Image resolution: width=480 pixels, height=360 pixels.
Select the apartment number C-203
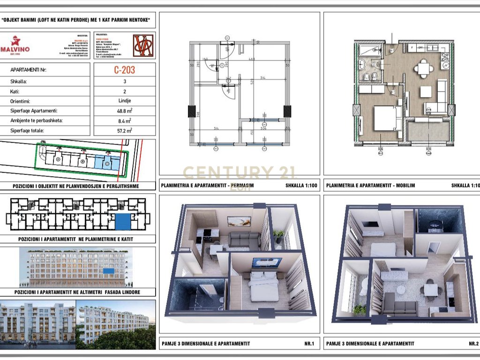[125, 70]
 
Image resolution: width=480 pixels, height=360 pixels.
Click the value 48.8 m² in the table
[125, 111]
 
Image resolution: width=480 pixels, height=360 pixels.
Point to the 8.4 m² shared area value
[125, 120]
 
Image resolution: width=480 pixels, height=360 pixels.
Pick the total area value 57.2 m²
[125, 131]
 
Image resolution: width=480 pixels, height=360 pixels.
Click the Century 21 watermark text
[239, 173]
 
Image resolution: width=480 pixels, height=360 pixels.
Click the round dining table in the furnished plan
[424, 68]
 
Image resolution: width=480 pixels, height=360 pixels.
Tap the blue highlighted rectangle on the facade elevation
[108, 271]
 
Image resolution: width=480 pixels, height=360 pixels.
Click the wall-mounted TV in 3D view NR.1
[266, 262]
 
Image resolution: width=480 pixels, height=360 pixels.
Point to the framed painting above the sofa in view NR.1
[239, 221]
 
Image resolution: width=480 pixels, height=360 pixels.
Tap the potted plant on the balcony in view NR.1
[279, 234]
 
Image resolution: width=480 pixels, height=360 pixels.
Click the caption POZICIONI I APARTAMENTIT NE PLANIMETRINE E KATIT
[78, 239]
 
